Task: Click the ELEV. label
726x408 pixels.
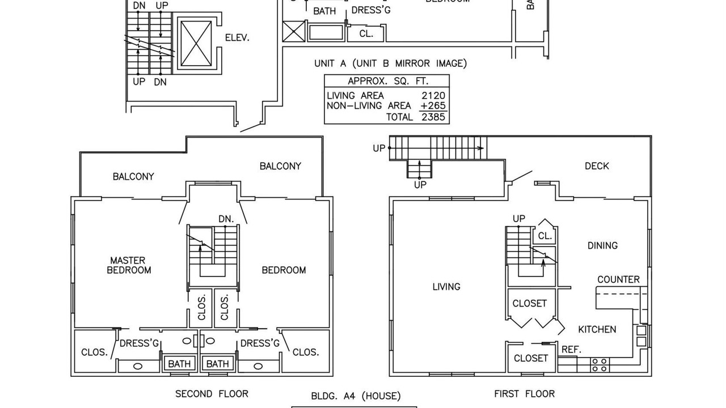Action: (237, 38)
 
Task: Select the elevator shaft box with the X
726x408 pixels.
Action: (195, 42)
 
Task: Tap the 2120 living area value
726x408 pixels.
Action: (433, 96)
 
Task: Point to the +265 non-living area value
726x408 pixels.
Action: (433, 106)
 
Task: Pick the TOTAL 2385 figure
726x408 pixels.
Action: (433, 117)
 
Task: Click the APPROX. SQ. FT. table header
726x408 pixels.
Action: (386, 81)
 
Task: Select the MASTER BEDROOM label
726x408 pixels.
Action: (129, 265)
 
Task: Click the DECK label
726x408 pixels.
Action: (597, 166)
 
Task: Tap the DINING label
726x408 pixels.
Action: (602, 245)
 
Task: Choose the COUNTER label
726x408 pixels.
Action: (618, 279)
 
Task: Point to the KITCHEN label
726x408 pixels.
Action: (597, 329)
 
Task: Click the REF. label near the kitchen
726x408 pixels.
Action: (571, 350)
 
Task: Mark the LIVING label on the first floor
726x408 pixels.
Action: (446, 287)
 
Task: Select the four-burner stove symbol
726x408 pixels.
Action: (600, 364)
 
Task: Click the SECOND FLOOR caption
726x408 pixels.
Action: (212, 394)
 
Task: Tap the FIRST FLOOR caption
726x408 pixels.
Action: (524, 394)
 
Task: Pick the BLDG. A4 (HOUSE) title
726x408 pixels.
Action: (356, 396)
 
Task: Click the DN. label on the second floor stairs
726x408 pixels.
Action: (226, 219)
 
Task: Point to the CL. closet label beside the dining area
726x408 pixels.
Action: (544, 236)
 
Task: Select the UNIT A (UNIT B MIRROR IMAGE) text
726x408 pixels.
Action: (391, 63)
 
